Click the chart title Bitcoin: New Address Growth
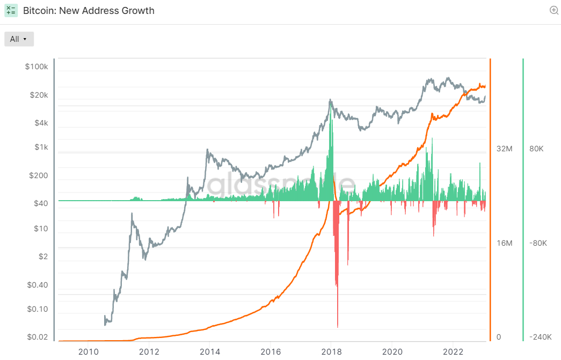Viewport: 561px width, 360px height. tap(89, 10)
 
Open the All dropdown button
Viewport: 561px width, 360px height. tap(19, 39)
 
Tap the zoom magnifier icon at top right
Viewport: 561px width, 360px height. tap(554, 10)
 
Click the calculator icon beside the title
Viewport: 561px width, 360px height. tap(11, 10)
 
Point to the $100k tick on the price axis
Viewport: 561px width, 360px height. tap(37, 67)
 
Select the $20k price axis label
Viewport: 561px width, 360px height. tap(38, 95)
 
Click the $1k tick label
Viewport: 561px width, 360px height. tap(40, 147)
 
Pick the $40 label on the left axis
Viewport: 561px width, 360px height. tap(40, 203)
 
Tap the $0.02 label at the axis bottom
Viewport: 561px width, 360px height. tap(37, 337)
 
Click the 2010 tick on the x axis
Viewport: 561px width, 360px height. tap(88, 352)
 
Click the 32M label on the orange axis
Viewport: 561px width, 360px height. tap(505, 149)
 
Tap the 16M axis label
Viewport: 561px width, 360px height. tap(505, 243)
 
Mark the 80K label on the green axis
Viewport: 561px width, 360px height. tap(536, 149)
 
